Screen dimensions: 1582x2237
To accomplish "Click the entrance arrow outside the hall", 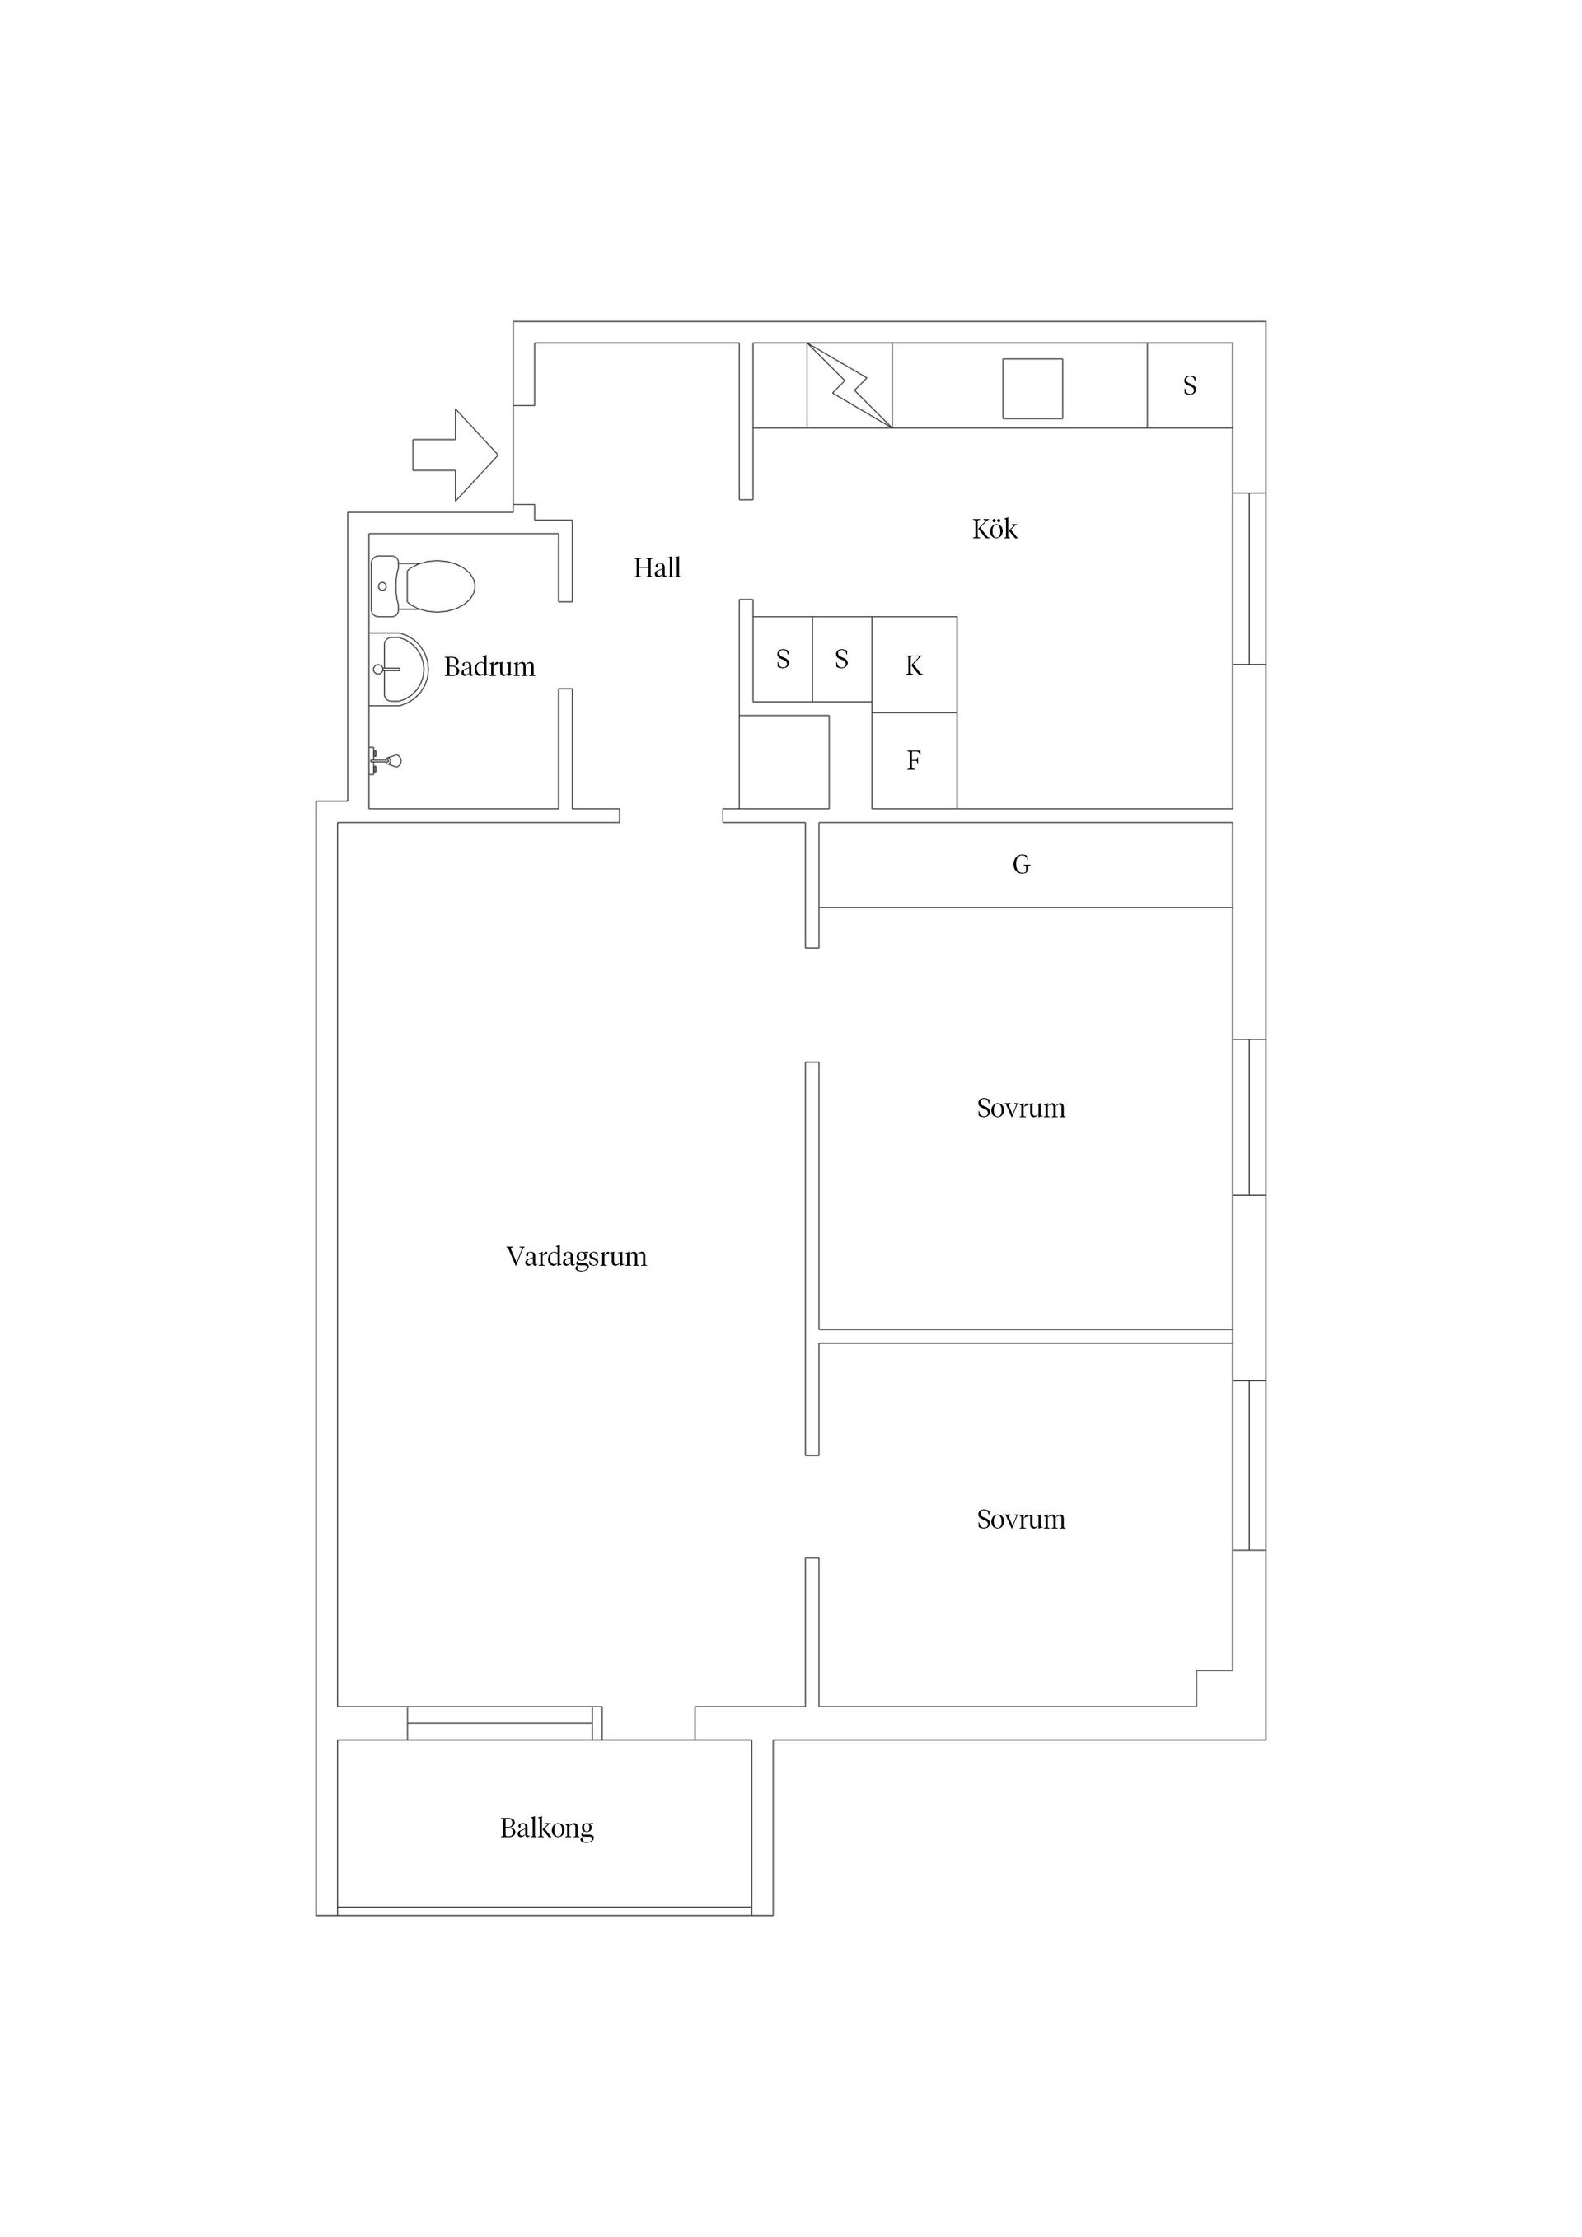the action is point(455,455).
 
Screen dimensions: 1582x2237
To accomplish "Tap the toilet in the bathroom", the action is point(423,586).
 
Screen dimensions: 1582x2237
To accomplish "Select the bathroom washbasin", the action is point(400,670).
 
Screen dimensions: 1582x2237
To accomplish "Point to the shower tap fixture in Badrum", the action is point(385,760).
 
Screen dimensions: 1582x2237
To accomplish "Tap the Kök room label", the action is point(995,528).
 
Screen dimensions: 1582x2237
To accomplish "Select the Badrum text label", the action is point(489,666).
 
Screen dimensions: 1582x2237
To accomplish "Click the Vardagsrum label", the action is point(576,1257).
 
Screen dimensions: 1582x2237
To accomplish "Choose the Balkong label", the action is point(547,1828).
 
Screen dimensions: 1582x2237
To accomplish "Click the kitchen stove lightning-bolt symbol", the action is point(849,385).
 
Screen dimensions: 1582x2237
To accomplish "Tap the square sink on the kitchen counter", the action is point(1032,389).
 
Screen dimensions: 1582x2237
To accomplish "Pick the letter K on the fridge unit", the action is point(913,665).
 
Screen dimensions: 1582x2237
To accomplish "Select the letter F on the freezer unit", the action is point(913,760).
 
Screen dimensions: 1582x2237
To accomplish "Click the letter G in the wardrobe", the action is point(1022,864).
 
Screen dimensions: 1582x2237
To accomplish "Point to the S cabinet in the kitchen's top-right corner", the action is point(1189,385).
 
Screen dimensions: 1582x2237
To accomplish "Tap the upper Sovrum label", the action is point(1021,1108).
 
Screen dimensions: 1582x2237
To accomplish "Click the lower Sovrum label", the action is point(1021,1519).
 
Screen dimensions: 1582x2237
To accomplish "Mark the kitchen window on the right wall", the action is point(1250,579).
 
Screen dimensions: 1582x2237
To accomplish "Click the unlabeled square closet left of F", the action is point(784,762).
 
